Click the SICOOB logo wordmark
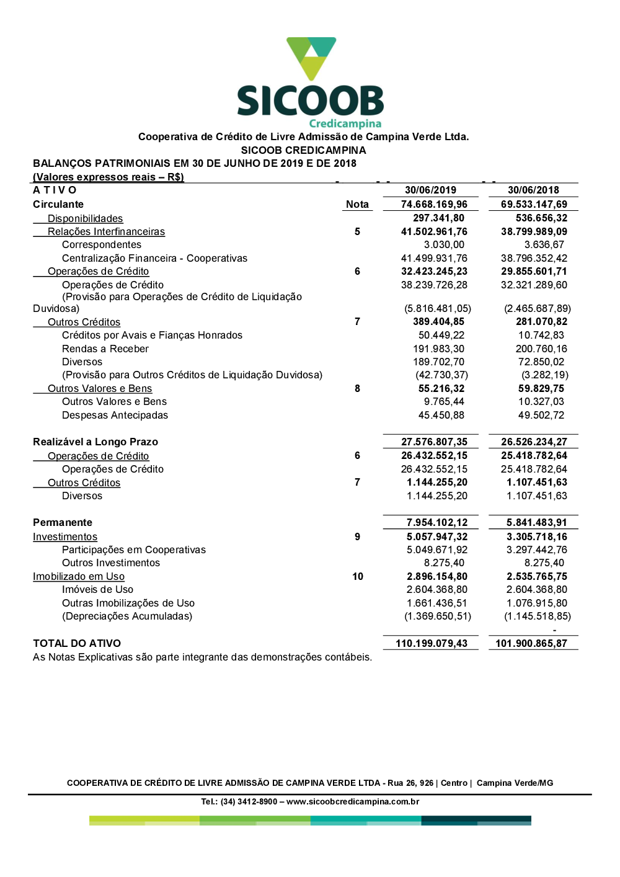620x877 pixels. tap(310, 100)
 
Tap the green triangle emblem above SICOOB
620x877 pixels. tap(311, 57)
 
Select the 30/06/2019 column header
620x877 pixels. tap(430, 190)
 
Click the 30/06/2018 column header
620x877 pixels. tap(533, 190)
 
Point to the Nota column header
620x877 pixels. tap(357, 205)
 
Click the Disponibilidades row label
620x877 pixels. tap(85, 218)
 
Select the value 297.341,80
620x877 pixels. tap(438, 218)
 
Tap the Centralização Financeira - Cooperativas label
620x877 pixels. tap(154, 258)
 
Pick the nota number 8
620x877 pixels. tap(357, 388)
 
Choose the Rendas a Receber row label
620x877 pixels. tap(105, 349)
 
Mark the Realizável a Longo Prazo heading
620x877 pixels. tap(95, 442)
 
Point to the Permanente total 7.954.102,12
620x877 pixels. tap(437, 522)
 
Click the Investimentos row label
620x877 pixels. tap(65, 536)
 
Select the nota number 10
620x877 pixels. tap(358, 576)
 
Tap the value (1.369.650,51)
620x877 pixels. tap(437, 616)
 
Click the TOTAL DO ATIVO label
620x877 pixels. tap(77, 643)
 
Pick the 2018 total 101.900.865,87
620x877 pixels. tap(531, 643)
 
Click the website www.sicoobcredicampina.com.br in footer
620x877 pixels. tap(353, 801)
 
